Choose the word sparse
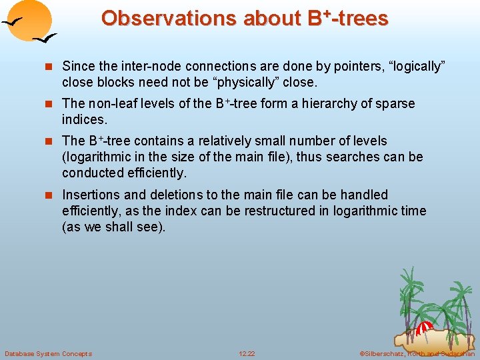(x=393, y=104)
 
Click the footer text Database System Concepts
(x=48, y=353)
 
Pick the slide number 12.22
(x=247, y=353)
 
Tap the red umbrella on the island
(x=424, y=327)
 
